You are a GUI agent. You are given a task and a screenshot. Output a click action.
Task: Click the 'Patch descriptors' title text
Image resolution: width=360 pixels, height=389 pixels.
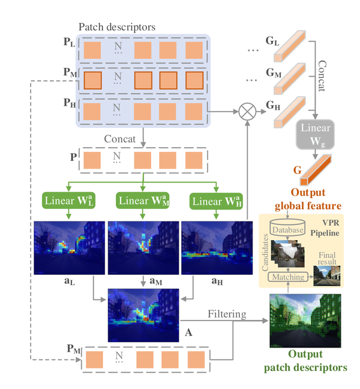click(118, 28)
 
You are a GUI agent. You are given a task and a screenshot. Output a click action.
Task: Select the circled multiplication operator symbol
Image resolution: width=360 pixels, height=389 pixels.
click(247, 112)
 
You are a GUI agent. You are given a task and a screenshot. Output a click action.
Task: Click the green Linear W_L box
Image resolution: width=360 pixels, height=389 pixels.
click(67, 200)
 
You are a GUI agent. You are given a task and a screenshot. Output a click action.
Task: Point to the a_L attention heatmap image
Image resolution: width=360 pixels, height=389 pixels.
click(68, 246)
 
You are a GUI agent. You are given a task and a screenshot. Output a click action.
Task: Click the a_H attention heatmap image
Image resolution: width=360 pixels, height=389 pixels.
click(215, 246)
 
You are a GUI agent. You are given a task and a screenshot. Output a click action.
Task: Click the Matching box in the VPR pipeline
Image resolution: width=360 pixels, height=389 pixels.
click(288, 277)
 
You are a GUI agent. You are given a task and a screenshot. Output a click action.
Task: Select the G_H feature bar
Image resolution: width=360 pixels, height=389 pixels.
click(292, 112)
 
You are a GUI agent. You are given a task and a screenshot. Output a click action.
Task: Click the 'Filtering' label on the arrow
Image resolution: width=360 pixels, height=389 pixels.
click(227, 313)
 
